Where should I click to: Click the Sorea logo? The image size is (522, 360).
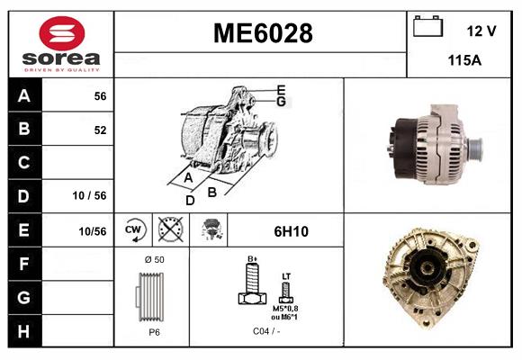pyautogui.click(x=60, y=44)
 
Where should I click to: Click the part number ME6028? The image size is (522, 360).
pyautogui.click(x=262, y=33)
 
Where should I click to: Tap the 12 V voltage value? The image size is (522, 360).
pyautogui.click(x=481, y=31)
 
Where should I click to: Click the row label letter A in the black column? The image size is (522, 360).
pyautogui.click(x=24, y=95)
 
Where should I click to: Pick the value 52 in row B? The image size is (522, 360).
pyautogui.click(x=99, y=130)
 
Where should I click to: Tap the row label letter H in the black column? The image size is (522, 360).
pyautogui.click(x=24, y=330)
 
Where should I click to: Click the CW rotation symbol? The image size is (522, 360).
pyautogui.click(x=134, y=230)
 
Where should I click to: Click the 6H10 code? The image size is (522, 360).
pyautogui.click(x=290, y=231)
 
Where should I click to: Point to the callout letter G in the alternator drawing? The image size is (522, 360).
pyautogui.click(x=281, y=102)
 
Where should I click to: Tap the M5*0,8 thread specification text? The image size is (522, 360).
pyautogui.click(x=286, y=310)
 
